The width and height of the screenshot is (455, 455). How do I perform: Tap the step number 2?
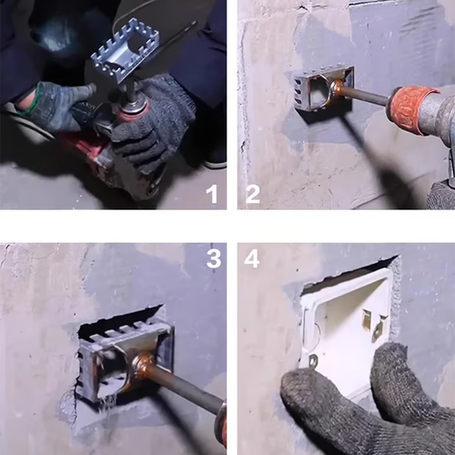pyautogui.click(x=252, y=193)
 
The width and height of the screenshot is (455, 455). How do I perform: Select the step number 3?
pyautogui.click(x=213, y=258)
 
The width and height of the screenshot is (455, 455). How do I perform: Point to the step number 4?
pyautogui.click(x=252, y=258)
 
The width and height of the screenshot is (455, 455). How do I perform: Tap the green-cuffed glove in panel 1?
pyautogui.click(x=55, y=105)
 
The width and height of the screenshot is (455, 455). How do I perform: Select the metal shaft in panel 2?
pyautogui.click(x=364, y=95)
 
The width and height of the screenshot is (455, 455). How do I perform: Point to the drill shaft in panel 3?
pyautogui.click(x=187, y=387)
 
